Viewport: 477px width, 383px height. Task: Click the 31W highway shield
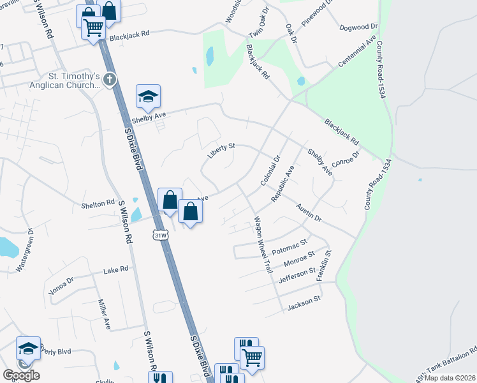(x=161, y=236)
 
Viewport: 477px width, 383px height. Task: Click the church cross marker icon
(x=110, y=80)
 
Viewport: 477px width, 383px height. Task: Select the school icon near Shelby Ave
(x=148, y=96)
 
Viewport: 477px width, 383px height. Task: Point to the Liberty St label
(x=221, y=150)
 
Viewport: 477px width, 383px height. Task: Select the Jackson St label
(x=303, y=301)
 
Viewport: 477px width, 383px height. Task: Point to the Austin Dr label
(x=309, y=213)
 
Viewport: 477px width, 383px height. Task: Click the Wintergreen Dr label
(x=23, y=249)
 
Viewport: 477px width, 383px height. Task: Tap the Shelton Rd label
(x=97, y=204)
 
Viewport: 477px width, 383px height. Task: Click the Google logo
(x=21, y=375)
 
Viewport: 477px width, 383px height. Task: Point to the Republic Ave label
(x=281, y=184)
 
